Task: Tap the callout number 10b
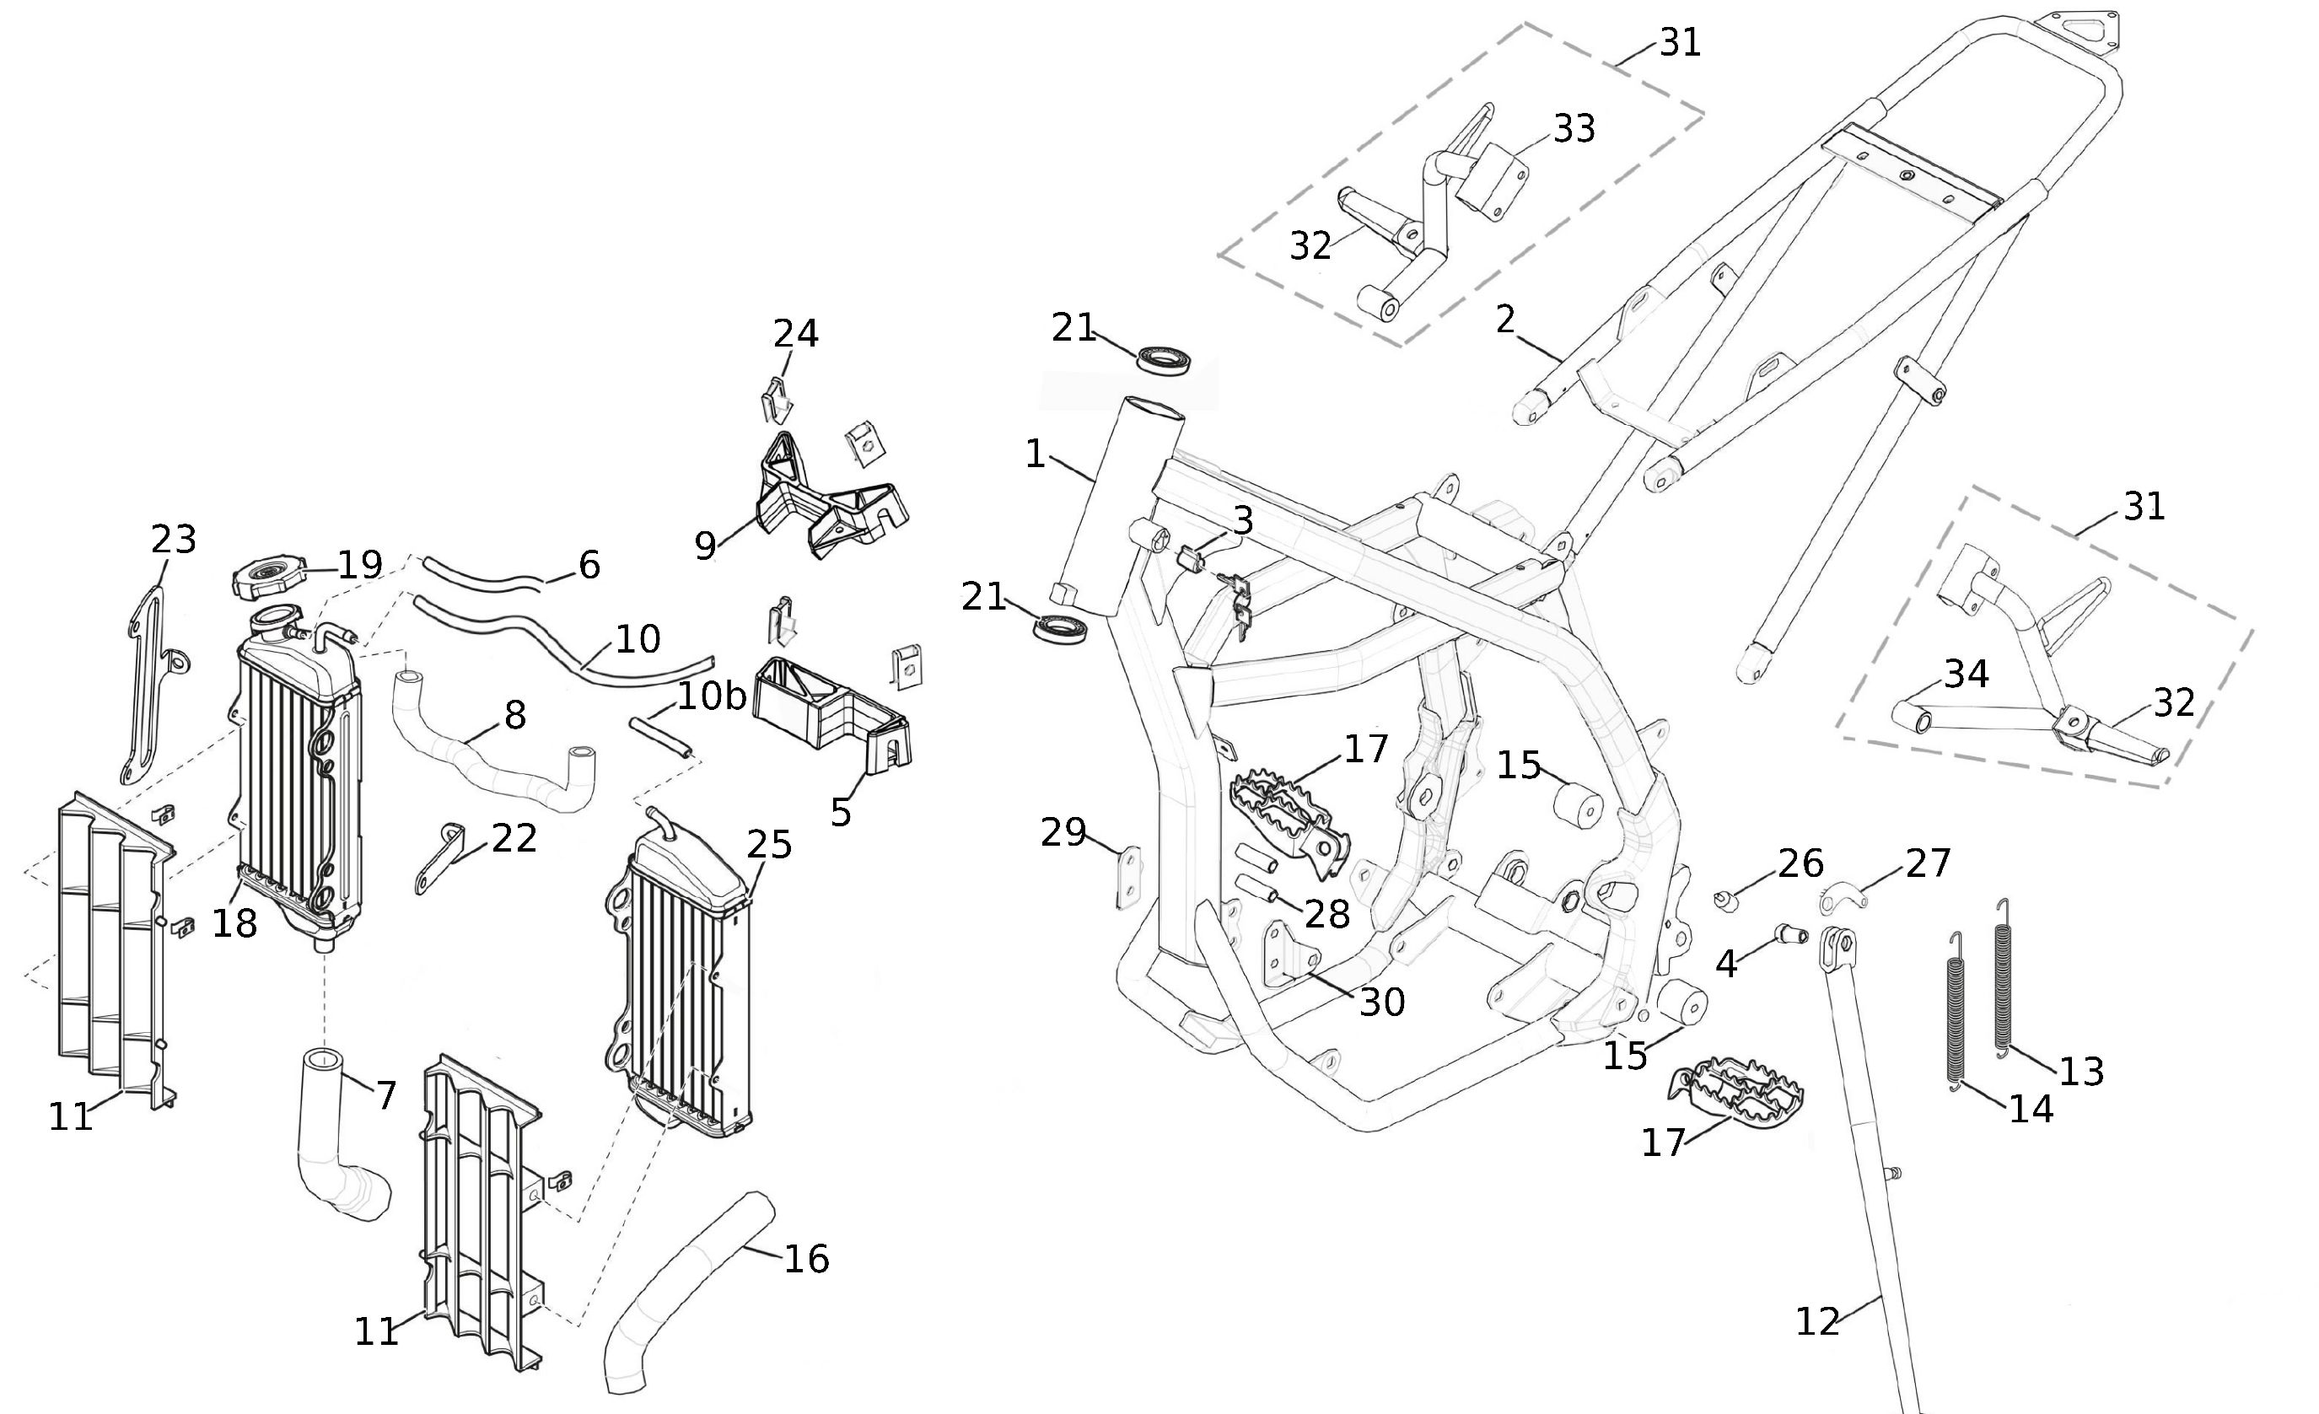pyautogui.click(x=711, y=696)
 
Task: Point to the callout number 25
pyautogui.click(x=769, y=845)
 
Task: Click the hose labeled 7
pyautogui.click(x=339, y=1148)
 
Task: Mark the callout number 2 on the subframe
pyautogui.click(x=1505, y=320)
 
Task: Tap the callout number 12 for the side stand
pyautogui.click(x=1817, y=1322)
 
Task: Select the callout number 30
pyautogui.click(x=1381, y=1003)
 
